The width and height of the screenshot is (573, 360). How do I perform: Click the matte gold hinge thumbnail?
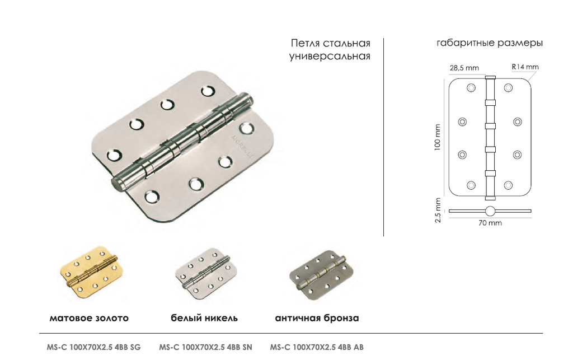coord(91,272)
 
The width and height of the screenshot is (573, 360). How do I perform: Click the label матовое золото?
coord(89,318)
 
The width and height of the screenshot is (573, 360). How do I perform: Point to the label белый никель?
coord(204,318)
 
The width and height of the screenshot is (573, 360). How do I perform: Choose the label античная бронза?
coord(317,318)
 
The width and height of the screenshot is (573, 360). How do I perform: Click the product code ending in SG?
coord(93,347)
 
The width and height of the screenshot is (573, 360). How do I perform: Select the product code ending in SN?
coord(205,347)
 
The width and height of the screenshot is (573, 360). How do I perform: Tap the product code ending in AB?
coord(317,347)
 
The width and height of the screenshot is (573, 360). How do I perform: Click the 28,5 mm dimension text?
coord(464,68)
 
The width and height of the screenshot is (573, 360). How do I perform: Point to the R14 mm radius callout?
coord(525,67)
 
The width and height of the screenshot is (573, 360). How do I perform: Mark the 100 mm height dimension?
coord(438,137)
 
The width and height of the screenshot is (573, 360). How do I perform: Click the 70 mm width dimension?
coord(490,223)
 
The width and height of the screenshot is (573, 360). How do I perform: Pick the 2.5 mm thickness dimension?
coord(438,211)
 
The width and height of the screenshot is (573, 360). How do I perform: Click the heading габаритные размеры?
coord(490,43)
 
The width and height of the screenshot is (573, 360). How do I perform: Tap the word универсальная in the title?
coord(330,57)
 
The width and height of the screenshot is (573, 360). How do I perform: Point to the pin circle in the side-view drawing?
coord(490,211)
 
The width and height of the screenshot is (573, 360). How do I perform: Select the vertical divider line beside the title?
coord(383,137)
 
